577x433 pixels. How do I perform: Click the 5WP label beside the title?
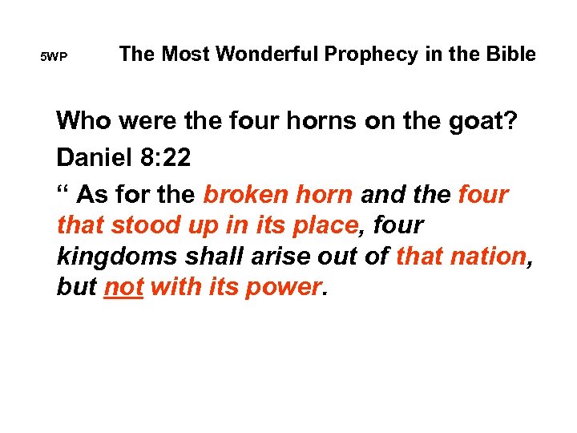[54, 58]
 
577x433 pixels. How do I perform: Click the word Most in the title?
[184, 55]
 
